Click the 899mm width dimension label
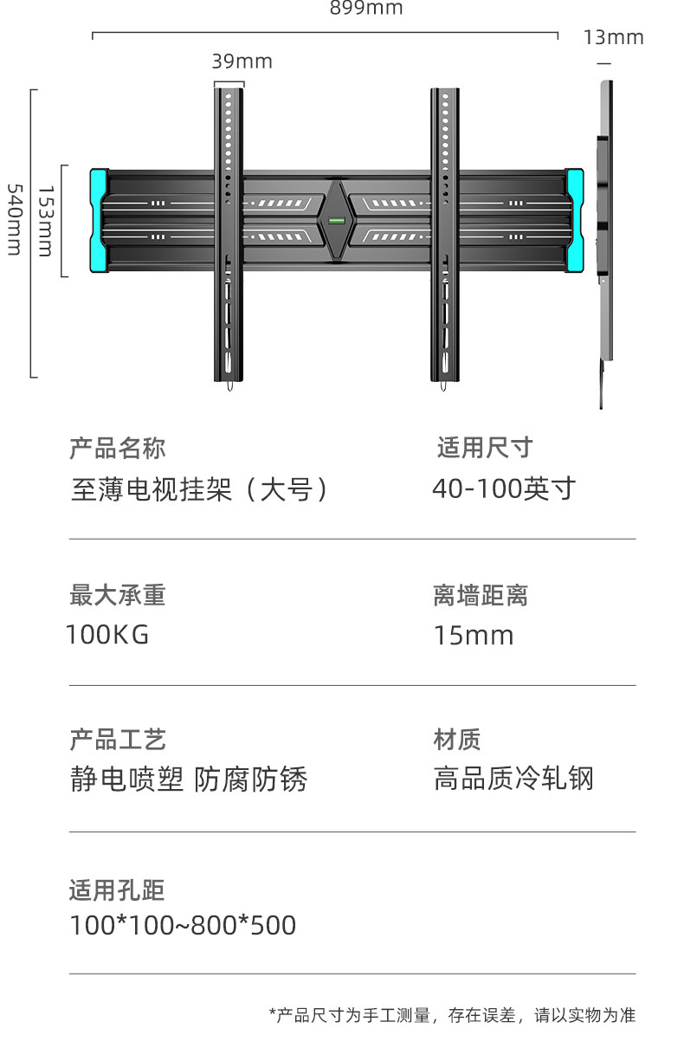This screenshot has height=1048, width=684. coord(366,9)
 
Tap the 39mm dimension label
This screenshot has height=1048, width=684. coord(242,61)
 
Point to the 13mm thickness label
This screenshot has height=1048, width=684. coord(613,37)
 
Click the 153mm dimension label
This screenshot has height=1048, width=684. coord(45,221)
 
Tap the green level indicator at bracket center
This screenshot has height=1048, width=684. coord(335,220)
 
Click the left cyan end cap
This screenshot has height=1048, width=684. coord(99,220)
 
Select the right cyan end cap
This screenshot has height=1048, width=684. coord(574,220)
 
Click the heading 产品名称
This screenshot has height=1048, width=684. coord(117,449)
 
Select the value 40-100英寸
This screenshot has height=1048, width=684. coord(503,489)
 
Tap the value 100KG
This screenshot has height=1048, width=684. coord(107,635)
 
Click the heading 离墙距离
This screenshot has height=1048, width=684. coord(480,596)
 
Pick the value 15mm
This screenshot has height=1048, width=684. coord(473,636)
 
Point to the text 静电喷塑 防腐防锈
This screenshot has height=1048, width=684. coord(188,780)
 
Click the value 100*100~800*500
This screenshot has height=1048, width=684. coord(183,925)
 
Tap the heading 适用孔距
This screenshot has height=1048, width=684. coord(117,890)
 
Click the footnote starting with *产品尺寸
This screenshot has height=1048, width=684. coord(452,1015)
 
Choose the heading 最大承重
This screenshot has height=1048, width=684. coord(117,596)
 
